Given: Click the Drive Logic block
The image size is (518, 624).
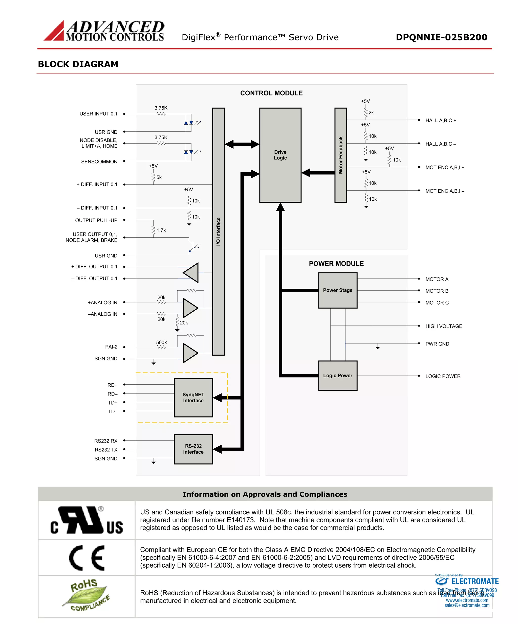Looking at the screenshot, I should coord(280,155).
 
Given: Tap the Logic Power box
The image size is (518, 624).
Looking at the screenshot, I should coord(337,376).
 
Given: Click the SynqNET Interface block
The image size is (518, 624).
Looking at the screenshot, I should coord(193,398).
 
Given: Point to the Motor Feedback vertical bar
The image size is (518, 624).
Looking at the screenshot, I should coord(340,155).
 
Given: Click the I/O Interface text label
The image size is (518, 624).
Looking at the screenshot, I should coord(218,232).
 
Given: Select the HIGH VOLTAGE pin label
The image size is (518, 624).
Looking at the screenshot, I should coord(444,326).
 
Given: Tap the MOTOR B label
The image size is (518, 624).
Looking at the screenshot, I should coord(437,291).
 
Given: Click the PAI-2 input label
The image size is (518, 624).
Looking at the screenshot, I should coord(111,347).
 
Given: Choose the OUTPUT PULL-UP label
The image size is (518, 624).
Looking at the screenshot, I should coord(96,220).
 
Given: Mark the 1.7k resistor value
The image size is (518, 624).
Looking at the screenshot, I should coord(161,230).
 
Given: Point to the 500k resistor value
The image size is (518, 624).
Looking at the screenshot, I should coord(161,342).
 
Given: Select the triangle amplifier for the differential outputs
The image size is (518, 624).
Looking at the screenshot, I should coord(191,272).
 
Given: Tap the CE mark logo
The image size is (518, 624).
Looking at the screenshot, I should coord(87,558).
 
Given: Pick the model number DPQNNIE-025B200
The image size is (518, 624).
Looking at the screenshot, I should coord(441,37).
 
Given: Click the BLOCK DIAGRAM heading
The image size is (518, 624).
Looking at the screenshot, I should coord(78,64).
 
